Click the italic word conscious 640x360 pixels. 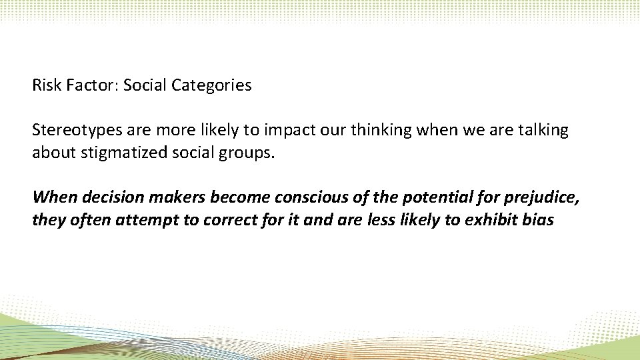pyautogui.click(x=295, y=197)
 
